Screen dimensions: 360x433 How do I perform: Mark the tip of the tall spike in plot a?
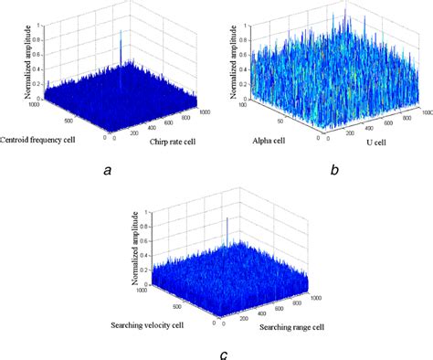click(120, 30)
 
